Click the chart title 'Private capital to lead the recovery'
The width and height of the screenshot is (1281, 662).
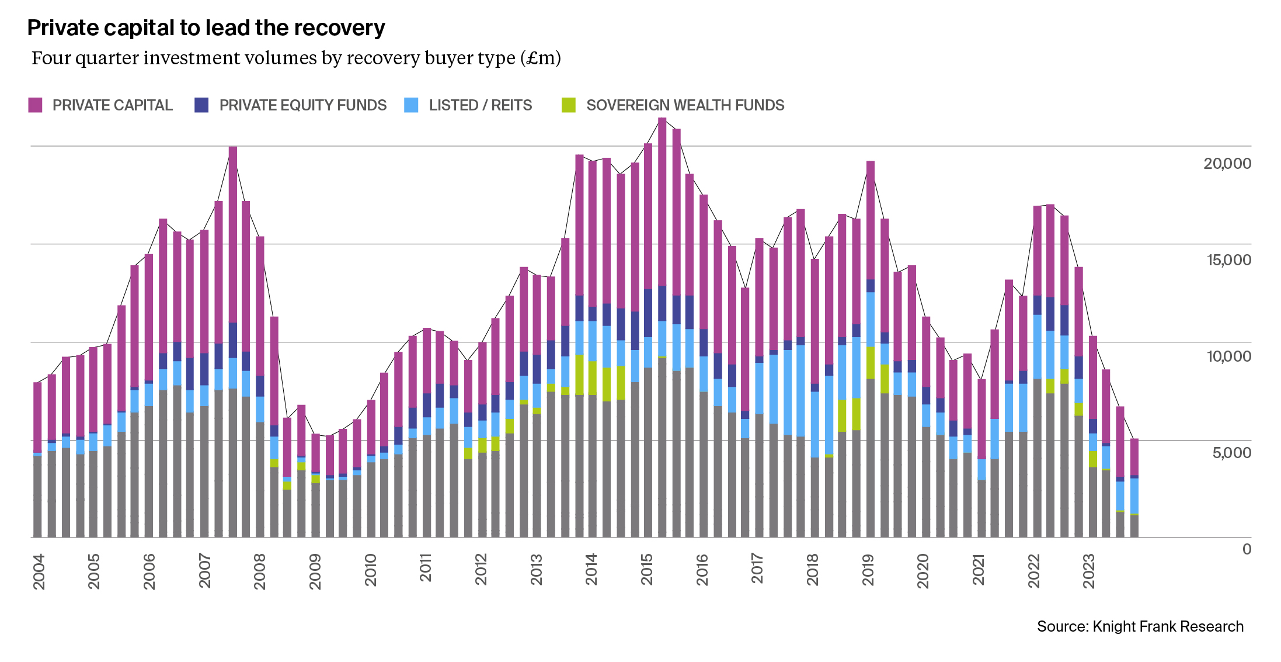[x=206, y=28]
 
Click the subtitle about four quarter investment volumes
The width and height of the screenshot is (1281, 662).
[x=296, y=58]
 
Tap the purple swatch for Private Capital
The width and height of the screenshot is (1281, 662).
[x=36, y=105]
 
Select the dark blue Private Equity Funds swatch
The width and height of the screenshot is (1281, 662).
[x=201, y=105]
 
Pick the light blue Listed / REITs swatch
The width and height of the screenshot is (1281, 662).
[x=411, y=105]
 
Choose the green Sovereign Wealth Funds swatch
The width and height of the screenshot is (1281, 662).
[x=568, y=105]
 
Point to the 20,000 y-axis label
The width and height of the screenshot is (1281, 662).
[x=1227, y=164]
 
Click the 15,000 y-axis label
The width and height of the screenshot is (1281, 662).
[x=1228, y=260]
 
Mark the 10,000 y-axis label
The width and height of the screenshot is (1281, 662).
[x=1228, y=356]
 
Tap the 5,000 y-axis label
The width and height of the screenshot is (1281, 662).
[x=1231, y=453]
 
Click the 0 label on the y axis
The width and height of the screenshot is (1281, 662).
[x=1247, y=549]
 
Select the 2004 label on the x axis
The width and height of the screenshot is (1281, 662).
[x=39, y=571]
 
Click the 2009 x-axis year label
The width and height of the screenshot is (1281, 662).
[x=315, y=571]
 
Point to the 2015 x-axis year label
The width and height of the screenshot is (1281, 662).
[x=646, y=569]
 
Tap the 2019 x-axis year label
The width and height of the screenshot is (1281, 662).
[x=868, y=570]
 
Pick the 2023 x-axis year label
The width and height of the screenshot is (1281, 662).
[x=1088, y=571]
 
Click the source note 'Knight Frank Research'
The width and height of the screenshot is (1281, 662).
[x=1140, y=626]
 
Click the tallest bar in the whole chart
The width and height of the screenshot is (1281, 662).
[x=662, y=327]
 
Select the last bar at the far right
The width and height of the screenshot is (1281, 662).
[x=1134, y=488]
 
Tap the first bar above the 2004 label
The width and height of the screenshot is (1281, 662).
[x=37, y=460]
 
